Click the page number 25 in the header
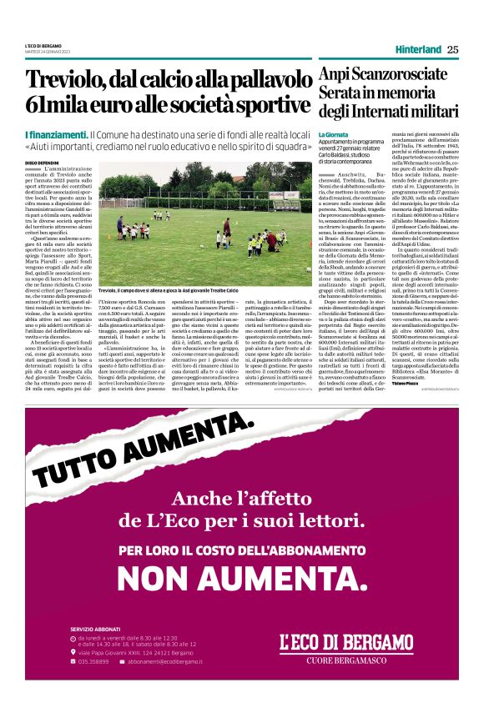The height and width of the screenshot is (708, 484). click(452, 49)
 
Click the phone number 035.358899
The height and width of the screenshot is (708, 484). click(94, 660)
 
